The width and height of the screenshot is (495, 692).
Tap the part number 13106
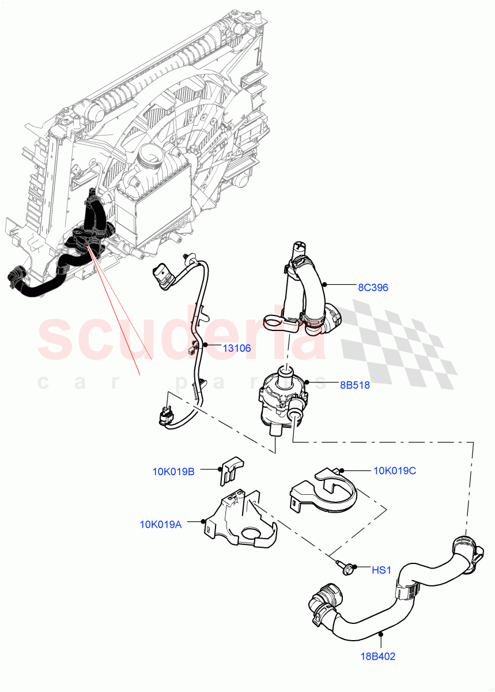[x=237, y=348]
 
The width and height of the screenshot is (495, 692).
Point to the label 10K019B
[x=173, y=471]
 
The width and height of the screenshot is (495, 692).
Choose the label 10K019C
[x=395, y=471]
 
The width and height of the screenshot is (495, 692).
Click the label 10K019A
[x=161, y=524]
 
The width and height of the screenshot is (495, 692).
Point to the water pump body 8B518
[x=279, y=398]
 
